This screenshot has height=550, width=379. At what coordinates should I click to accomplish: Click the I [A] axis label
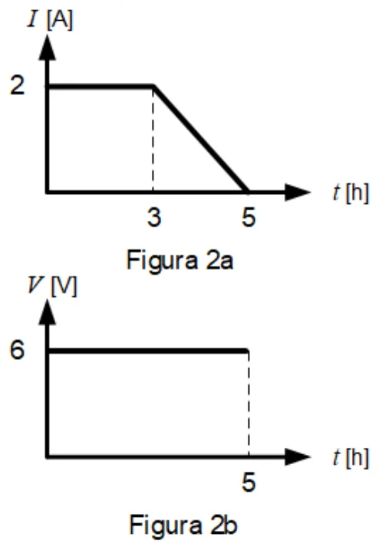[x=50, y=19]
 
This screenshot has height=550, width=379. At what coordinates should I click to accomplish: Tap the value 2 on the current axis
[x=18, y=85]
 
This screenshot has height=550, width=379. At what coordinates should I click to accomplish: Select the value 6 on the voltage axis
[x=18, y=350]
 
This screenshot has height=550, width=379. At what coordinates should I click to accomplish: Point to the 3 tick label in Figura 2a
[x=154, y=217]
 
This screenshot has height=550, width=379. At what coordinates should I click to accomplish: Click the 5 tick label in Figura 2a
[x=249, y=217]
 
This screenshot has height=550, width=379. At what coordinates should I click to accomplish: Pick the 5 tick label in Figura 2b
[x=249, y=482]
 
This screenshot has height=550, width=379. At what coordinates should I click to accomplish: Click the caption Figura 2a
[x=180, y=261]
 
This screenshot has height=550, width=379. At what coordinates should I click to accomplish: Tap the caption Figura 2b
[x=183, y=525]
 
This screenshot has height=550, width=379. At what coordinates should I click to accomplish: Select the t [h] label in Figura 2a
[x=351, y=193]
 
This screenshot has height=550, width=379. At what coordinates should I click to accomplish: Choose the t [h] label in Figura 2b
[x=351, y=458]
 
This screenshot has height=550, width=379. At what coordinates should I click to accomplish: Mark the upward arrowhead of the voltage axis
[x=48, y=312]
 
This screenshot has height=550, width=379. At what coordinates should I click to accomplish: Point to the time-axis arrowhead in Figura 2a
[x=298, y=193]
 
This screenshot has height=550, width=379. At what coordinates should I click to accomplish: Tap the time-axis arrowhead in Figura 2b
[x=298, y=457]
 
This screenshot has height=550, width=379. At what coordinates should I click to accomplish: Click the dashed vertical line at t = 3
[x=153, y=140]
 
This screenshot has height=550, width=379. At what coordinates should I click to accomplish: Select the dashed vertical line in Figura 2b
[x=249, y=403]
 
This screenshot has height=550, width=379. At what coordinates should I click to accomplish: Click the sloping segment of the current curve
[x=201, y=139]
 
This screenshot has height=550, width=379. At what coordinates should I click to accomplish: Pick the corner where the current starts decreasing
[x=153, y=86]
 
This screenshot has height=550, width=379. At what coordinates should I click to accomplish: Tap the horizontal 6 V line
[x=148, y=351]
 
